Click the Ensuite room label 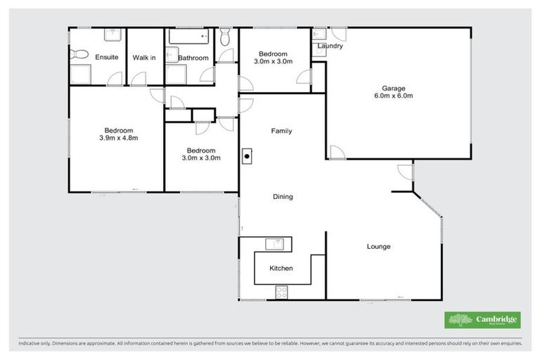click(x=106, y=57)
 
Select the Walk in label click(x=145, y=57)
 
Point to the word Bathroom click(x=193, y=58)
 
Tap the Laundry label click(x=330, y=46)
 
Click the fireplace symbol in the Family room click(x=247, y=157)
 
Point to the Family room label click(x=282, y=131)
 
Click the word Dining click(x=283, y=197)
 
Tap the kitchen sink click(x=274, y=244)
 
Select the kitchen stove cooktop click(x=282, y=290)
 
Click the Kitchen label click(x=281, y=269)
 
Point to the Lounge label click(x=378, y=247)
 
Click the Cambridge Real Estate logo click(x=484, y=320)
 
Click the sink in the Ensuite click(x=112, y=34)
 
